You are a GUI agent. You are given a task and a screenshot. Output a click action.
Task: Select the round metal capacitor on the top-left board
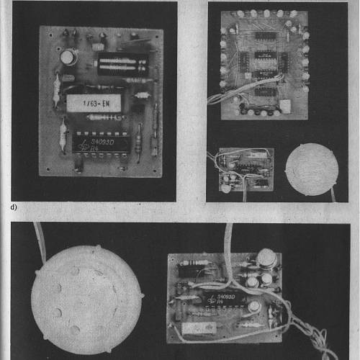[x=67, y=56]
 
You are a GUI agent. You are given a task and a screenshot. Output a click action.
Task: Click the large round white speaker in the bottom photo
[x=81, y=296]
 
